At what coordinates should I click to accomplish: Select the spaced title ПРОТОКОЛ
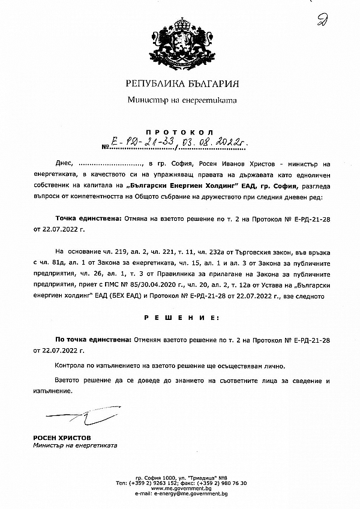(x=180, y=131)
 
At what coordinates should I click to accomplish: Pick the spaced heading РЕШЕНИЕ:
(x=181, y=316)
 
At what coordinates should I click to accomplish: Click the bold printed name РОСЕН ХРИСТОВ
(x=59, y=438)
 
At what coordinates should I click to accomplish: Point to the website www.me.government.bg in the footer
(x=181, y=489)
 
